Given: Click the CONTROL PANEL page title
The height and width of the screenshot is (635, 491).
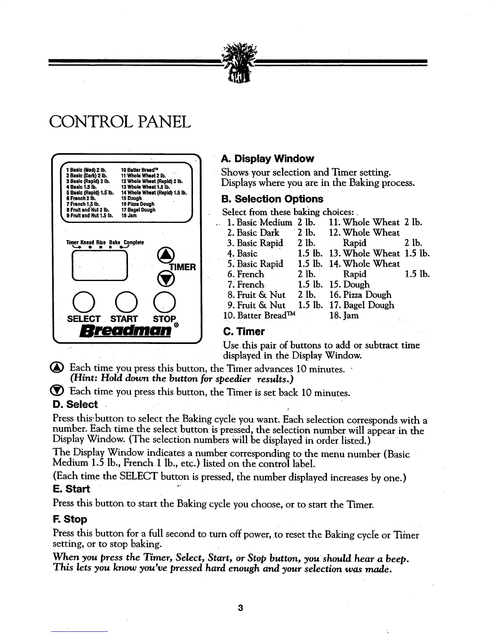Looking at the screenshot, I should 120,121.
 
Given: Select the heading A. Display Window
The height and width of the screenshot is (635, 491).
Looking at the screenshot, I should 268,158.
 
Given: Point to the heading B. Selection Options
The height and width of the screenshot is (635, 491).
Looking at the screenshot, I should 272,199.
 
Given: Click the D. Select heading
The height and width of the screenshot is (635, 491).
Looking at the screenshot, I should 75,404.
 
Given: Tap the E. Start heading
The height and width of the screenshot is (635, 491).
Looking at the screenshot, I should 71,489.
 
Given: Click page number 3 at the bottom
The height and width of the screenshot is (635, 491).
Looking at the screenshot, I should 240,608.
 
